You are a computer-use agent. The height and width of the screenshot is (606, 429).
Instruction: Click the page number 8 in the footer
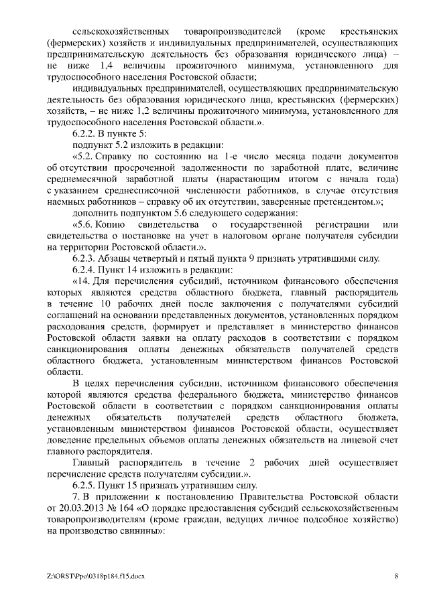coord(396,576)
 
